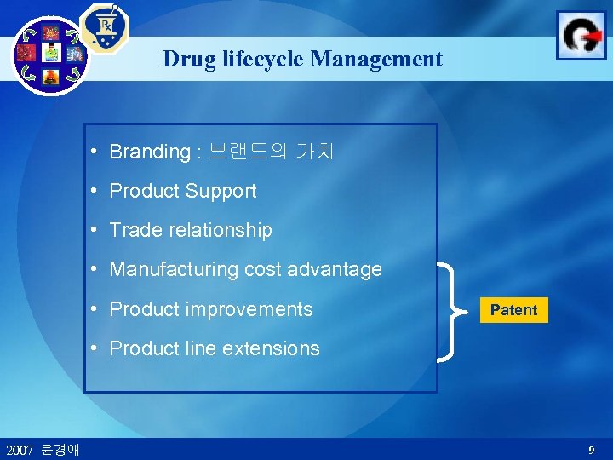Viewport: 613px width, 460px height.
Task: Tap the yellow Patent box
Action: coord(513,310)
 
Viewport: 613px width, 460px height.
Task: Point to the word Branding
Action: coord(150,152)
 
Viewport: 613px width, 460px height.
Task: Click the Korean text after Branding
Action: coord(272,152)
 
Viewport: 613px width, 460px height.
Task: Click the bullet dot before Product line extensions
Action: coord(100,348)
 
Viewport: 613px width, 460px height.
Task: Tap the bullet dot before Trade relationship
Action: coord(100,230)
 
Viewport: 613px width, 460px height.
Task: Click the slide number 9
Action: coord(591,449)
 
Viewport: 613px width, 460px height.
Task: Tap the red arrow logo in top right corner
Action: coord(581,36)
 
